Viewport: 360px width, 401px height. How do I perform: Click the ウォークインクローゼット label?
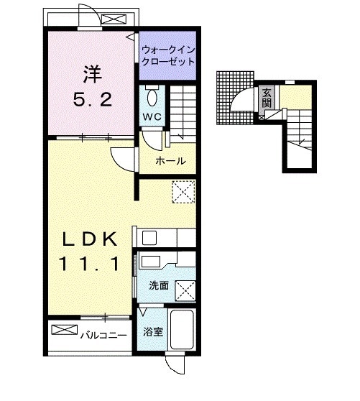168,56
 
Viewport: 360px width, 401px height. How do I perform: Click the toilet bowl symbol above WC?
152,96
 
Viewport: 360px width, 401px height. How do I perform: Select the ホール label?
170,161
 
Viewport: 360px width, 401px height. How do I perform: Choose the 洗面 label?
158,285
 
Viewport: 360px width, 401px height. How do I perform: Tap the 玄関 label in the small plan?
267,97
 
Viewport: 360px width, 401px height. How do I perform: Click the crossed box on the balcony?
63,331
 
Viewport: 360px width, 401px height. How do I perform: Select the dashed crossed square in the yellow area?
183,191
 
